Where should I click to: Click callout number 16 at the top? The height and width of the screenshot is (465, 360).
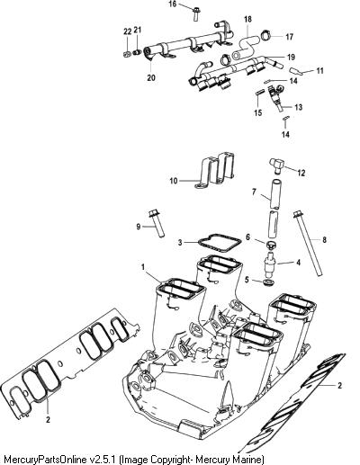point(173,4)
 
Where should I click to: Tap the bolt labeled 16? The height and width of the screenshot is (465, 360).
point(196,13)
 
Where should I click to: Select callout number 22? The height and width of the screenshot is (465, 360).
point(127,31)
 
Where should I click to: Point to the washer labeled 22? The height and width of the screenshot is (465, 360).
point(127,54)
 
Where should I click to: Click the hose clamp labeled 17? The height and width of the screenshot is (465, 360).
point(266,34)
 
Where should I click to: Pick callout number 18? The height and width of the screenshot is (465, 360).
point(247,20)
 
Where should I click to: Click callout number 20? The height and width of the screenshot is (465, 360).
point(151,77)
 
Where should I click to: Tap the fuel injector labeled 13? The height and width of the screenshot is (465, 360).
point(276,98)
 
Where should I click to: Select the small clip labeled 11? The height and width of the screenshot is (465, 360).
point(295,71)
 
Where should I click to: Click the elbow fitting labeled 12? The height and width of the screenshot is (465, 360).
point(276,165)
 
